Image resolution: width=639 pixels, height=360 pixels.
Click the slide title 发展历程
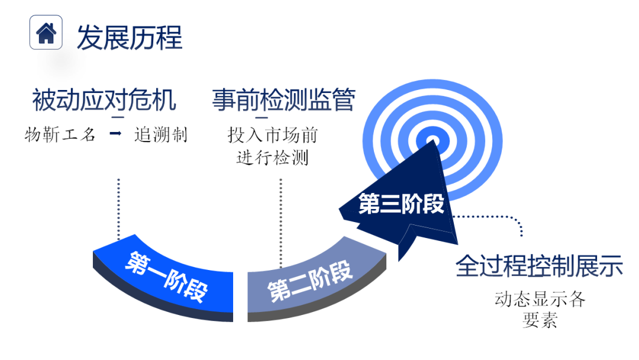pyautogui.click(x=129, y=37)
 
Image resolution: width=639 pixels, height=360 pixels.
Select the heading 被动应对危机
pyautogui.click(x=104, y=100)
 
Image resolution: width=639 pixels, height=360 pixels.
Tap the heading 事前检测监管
pyautogui.click(x=283, y=100)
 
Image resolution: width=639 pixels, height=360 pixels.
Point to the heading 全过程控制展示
pyautogui.click(x=539, y=266)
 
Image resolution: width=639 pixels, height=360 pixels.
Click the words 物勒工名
pyautogui.click(x=60, y=134)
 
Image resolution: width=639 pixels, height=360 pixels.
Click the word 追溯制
pyautogui.click(x=160, y=134)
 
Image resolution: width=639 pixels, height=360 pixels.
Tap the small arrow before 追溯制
pyautogui.click(x=116, y=134)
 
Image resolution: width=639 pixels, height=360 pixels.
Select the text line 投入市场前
pyautogui.click(x=273, y=135)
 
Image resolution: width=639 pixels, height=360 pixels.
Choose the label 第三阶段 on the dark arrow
pyautogui.click(x=401, y=204)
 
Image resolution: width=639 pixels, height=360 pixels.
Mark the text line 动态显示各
pyautogui.click(x=540, y=299)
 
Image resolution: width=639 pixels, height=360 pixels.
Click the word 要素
pyautogui.click(x=540, y=320)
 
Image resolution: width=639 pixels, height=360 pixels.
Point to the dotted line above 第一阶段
pyautogui.click(x=119, y=207)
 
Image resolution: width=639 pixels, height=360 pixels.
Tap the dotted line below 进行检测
pyautogui.click(x=280, y=219)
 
